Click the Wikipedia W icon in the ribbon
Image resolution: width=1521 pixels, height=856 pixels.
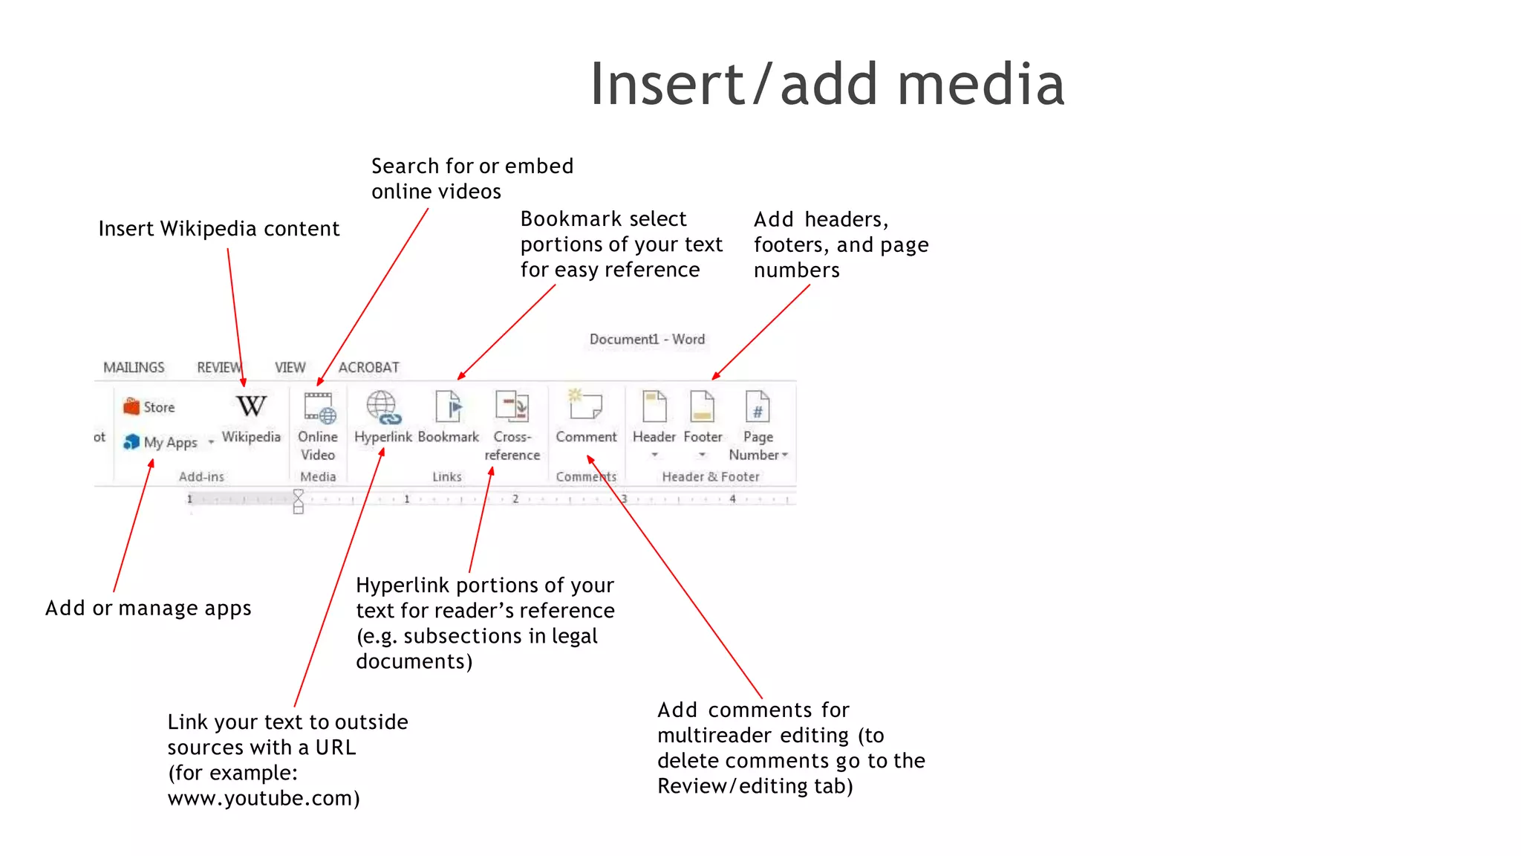(x=251, y=406)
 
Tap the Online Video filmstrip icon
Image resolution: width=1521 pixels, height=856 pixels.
(x=319, y=407)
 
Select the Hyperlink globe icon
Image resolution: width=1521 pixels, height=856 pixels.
(x=382, y=407)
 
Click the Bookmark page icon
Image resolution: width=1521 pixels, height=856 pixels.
(x=449, y=407)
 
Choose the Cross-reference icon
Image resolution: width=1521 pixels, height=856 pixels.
(x=512, y=407)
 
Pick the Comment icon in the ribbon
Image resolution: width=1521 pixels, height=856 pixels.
(x=585, y=406)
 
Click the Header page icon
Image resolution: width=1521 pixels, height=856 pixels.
(x=654, y=407)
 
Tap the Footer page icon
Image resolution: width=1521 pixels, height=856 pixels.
(x=702, y=407)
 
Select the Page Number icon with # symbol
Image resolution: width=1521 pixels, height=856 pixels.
(x=758, y=407)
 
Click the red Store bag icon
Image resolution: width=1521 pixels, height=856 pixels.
(x=131, y=406)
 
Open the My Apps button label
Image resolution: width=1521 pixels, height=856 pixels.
(x=170, y=442)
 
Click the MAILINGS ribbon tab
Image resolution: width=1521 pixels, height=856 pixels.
(x=134, y=367)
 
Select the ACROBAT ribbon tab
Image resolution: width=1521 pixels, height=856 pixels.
(x=368, y=367)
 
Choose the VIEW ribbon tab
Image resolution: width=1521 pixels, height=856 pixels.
(x=290, y=367)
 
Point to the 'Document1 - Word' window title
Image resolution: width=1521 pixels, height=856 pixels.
(x=647, y=339)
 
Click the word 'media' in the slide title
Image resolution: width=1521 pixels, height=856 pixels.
(x=980, y=84)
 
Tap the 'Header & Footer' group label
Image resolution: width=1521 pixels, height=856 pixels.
(x=711, y=476)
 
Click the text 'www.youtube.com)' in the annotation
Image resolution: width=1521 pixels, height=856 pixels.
(x=264, y=798)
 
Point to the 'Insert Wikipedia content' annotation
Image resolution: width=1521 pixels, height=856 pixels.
(x=219, y=228)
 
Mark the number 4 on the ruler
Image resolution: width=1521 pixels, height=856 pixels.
(x=732, y=499)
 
